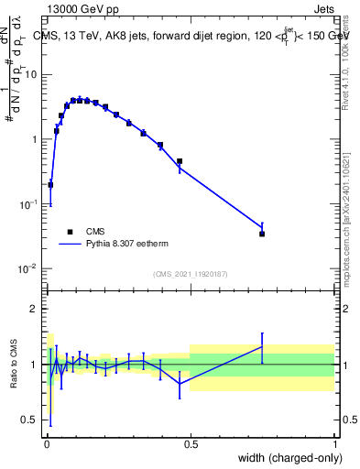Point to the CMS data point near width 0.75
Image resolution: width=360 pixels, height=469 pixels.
(262, 234)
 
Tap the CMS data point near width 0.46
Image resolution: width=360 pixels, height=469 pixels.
(180, 161)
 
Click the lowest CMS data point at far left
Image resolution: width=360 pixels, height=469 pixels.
(50, 184)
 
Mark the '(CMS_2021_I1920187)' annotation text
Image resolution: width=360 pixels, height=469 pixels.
(190, 274)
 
